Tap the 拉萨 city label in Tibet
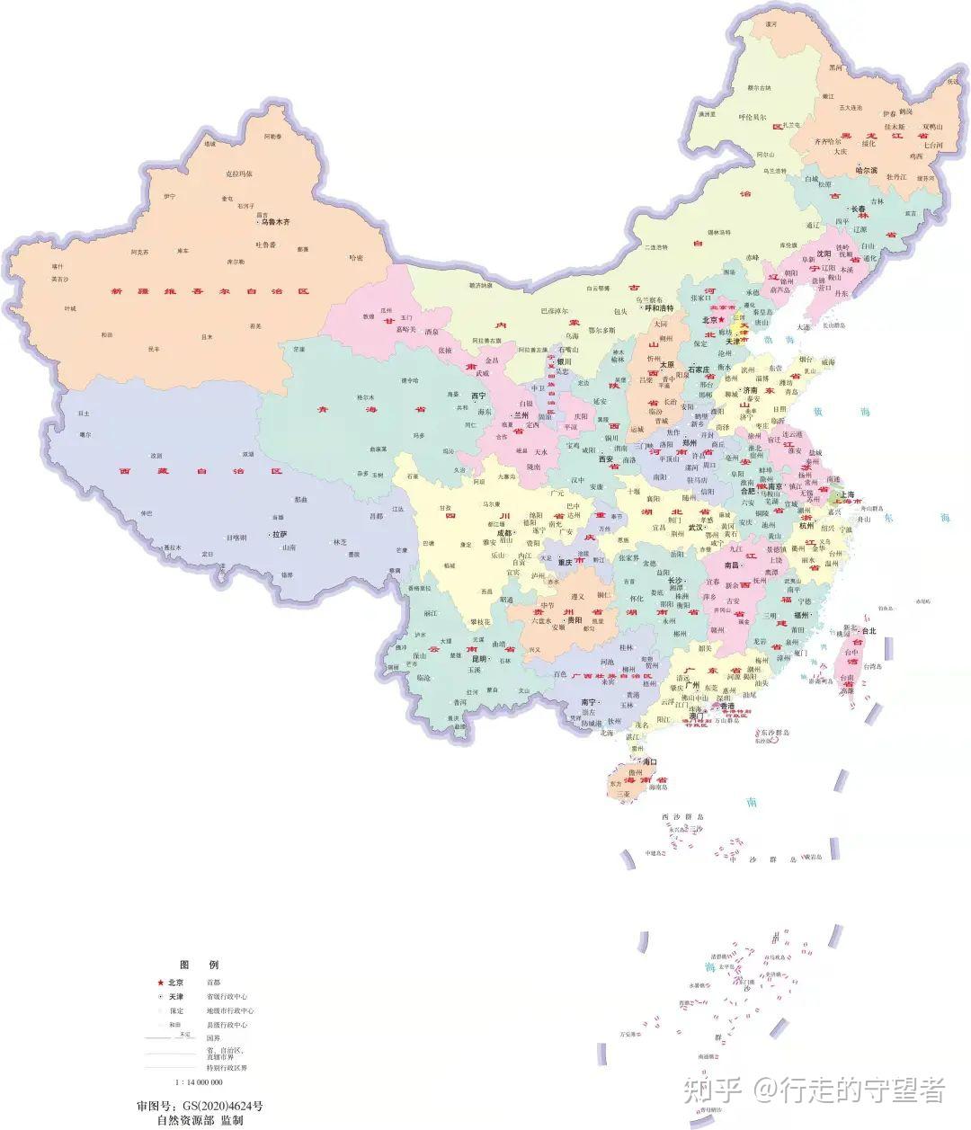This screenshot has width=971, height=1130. pyautogui.click(x=280, y=534)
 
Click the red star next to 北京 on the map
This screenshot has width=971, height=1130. pyautogui.click(x=721, y=319)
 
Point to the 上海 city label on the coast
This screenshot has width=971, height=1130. pyautogui.click(x=850, y=494)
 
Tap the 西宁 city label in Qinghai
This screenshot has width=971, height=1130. pyautogui.click(x=477, y=396)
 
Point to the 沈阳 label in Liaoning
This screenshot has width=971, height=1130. pyautogui.click(x=824, y=254)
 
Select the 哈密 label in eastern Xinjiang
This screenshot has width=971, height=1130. pyautogui.click(x=356, y=258)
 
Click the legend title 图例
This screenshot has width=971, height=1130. pyautogui.click(x=199, y=964)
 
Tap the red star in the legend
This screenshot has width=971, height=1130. pyautogui.click(x=160, y=983)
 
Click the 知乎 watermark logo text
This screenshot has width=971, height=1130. pyautogui.click(x=712, y=1090)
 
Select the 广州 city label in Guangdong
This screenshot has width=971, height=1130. pyautogui.click(x=691, y=685)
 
